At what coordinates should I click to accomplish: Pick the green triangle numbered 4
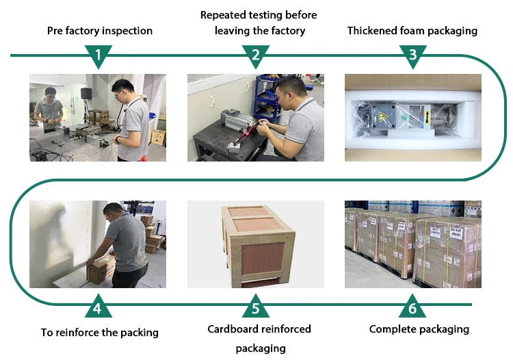(98, 307)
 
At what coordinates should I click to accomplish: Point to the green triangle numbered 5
(256, 307)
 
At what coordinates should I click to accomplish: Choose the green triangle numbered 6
(412, 307)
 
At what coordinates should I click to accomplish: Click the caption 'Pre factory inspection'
(100, 31)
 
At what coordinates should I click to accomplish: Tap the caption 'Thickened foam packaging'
(412, 31)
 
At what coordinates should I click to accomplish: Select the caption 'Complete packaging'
(419, 329)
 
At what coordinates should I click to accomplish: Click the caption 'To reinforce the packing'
(100, 333)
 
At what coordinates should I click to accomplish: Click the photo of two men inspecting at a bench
(98, 118)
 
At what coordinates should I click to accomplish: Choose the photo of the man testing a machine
(256, 118)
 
